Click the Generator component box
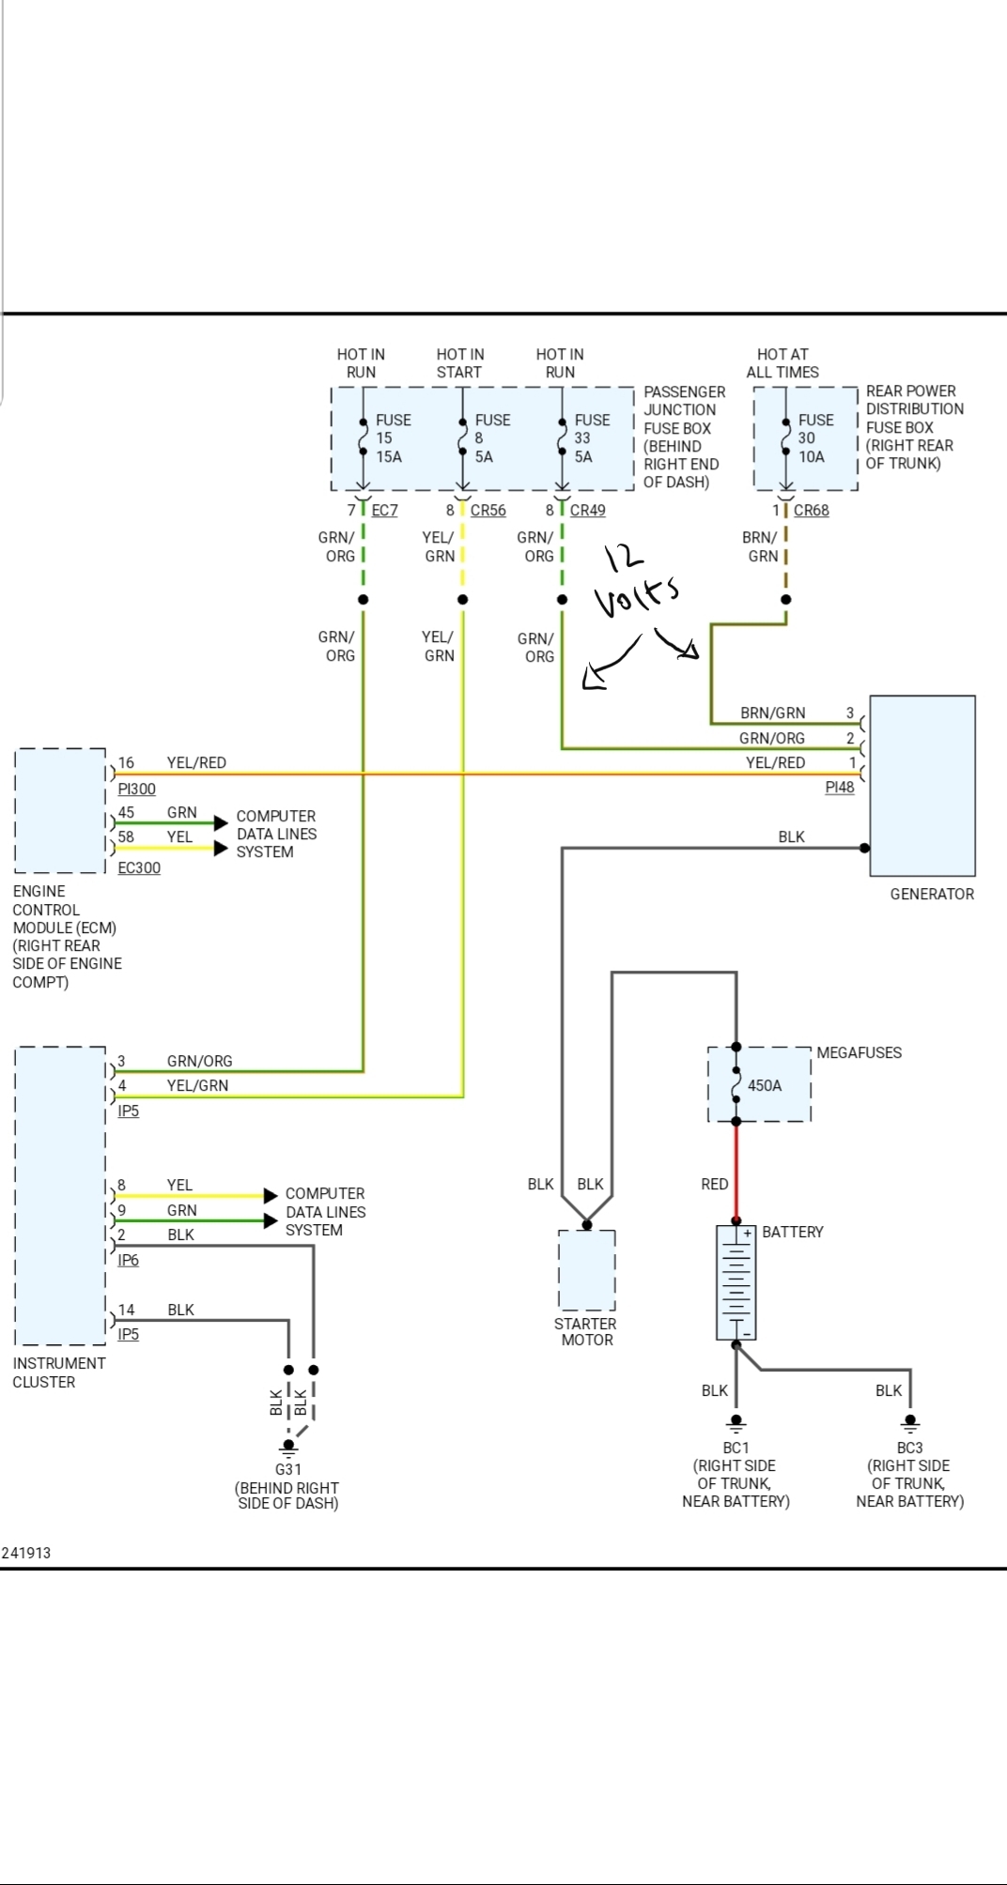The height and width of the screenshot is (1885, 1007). pyautogui.click(x=922, y=785)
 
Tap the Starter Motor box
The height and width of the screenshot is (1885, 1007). pyautogui.click(x=586, y=1269)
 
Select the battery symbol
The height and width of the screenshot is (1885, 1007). pyautogui.click(x=736, y=1282)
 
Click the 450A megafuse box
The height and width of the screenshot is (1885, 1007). pyautogui.click(x=759, y=1085)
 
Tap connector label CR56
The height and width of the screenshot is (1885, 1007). pyautogui.click(x=488, y=511)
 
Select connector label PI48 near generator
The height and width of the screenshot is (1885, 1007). pyautogui.click(x=839, y=788)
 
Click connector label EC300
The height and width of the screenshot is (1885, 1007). pyautogui.click(x=139, y=868)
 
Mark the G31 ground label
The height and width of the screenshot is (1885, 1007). pyautogui.click(x=287, y=1469)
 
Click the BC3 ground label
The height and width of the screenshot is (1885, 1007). pyautogui.click(x=909, y=1448)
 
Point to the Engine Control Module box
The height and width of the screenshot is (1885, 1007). pyautogui.click(x=60, y=810)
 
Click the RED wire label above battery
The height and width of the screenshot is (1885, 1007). pyautogui.click(x=714, y=1185)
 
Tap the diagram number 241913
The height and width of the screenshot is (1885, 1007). pyautogui.click(x=26, y=1553)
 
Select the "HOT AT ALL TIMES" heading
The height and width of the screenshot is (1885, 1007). pyautogui.click(x=782, y=363)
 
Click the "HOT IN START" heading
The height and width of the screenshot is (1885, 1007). pyautogui.click(x=459, y=363)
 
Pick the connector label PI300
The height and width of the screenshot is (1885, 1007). pyautogui.click(x=136, y=789)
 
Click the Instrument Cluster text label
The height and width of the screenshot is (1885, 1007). pyautogui.click(x=58, y=1372)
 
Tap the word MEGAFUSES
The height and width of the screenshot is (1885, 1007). pyautogui.click(x=859, y=1053)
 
